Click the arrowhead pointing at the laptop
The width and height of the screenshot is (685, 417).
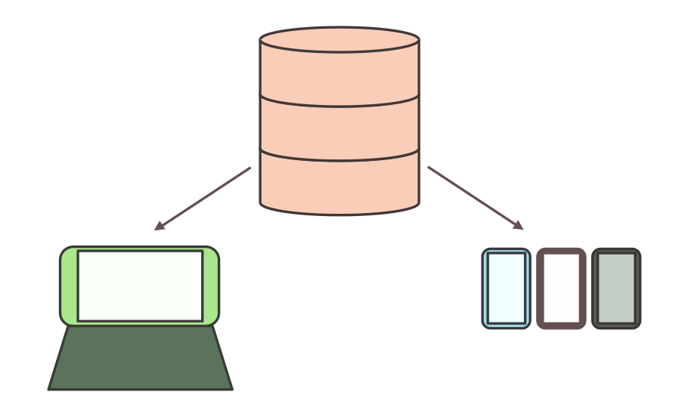(x=158, y=227)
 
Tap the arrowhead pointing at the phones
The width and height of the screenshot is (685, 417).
(x=518, y=225)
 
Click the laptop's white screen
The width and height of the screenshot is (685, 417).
(x=140, y=286)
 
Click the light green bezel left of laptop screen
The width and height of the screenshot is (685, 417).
(x=69, y=286)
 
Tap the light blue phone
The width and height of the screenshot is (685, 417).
(x=507, y=289)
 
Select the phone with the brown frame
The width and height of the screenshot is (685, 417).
(x=561, y=289)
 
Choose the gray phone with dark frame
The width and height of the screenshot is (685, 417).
(x=616, y=289)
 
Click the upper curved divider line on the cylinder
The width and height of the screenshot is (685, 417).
(x=339, y=106)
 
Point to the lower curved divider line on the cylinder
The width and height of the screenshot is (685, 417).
(x=339, y=160)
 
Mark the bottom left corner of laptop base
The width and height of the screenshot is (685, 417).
(x=50, y=388)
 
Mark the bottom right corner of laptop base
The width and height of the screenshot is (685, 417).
(x=231, y=388)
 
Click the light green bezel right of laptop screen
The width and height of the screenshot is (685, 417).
(x=211, y=286)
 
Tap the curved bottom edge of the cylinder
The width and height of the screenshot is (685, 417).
(x=339, y=215)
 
